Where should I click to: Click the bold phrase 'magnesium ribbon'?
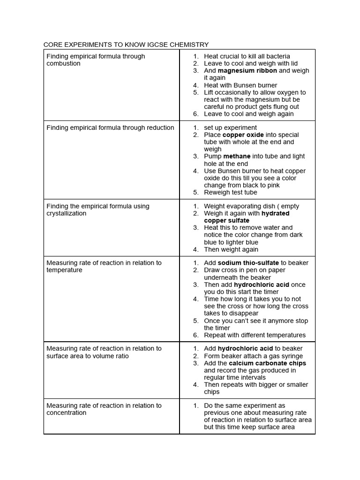247,71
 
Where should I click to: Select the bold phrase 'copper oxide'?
243,135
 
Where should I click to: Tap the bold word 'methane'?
237,157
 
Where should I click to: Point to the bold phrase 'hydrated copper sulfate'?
247,217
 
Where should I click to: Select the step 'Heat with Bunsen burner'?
240,85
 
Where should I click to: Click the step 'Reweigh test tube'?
230,193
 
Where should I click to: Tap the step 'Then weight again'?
231,250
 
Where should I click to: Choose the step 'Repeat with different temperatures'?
255,335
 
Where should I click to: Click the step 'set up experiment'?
230,127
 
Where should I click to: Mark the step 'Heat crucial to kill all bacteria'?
247,56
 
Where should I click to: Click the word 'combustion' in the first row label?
63,64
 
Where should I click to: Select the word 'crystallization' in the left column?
67,214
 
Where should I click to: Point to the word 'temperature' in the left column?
64,270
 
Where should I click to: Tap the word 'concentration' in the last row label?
67,413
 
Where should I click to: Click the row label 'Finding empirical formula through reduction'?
110,127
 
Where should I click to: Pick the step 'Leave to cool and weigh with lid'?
251,63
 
